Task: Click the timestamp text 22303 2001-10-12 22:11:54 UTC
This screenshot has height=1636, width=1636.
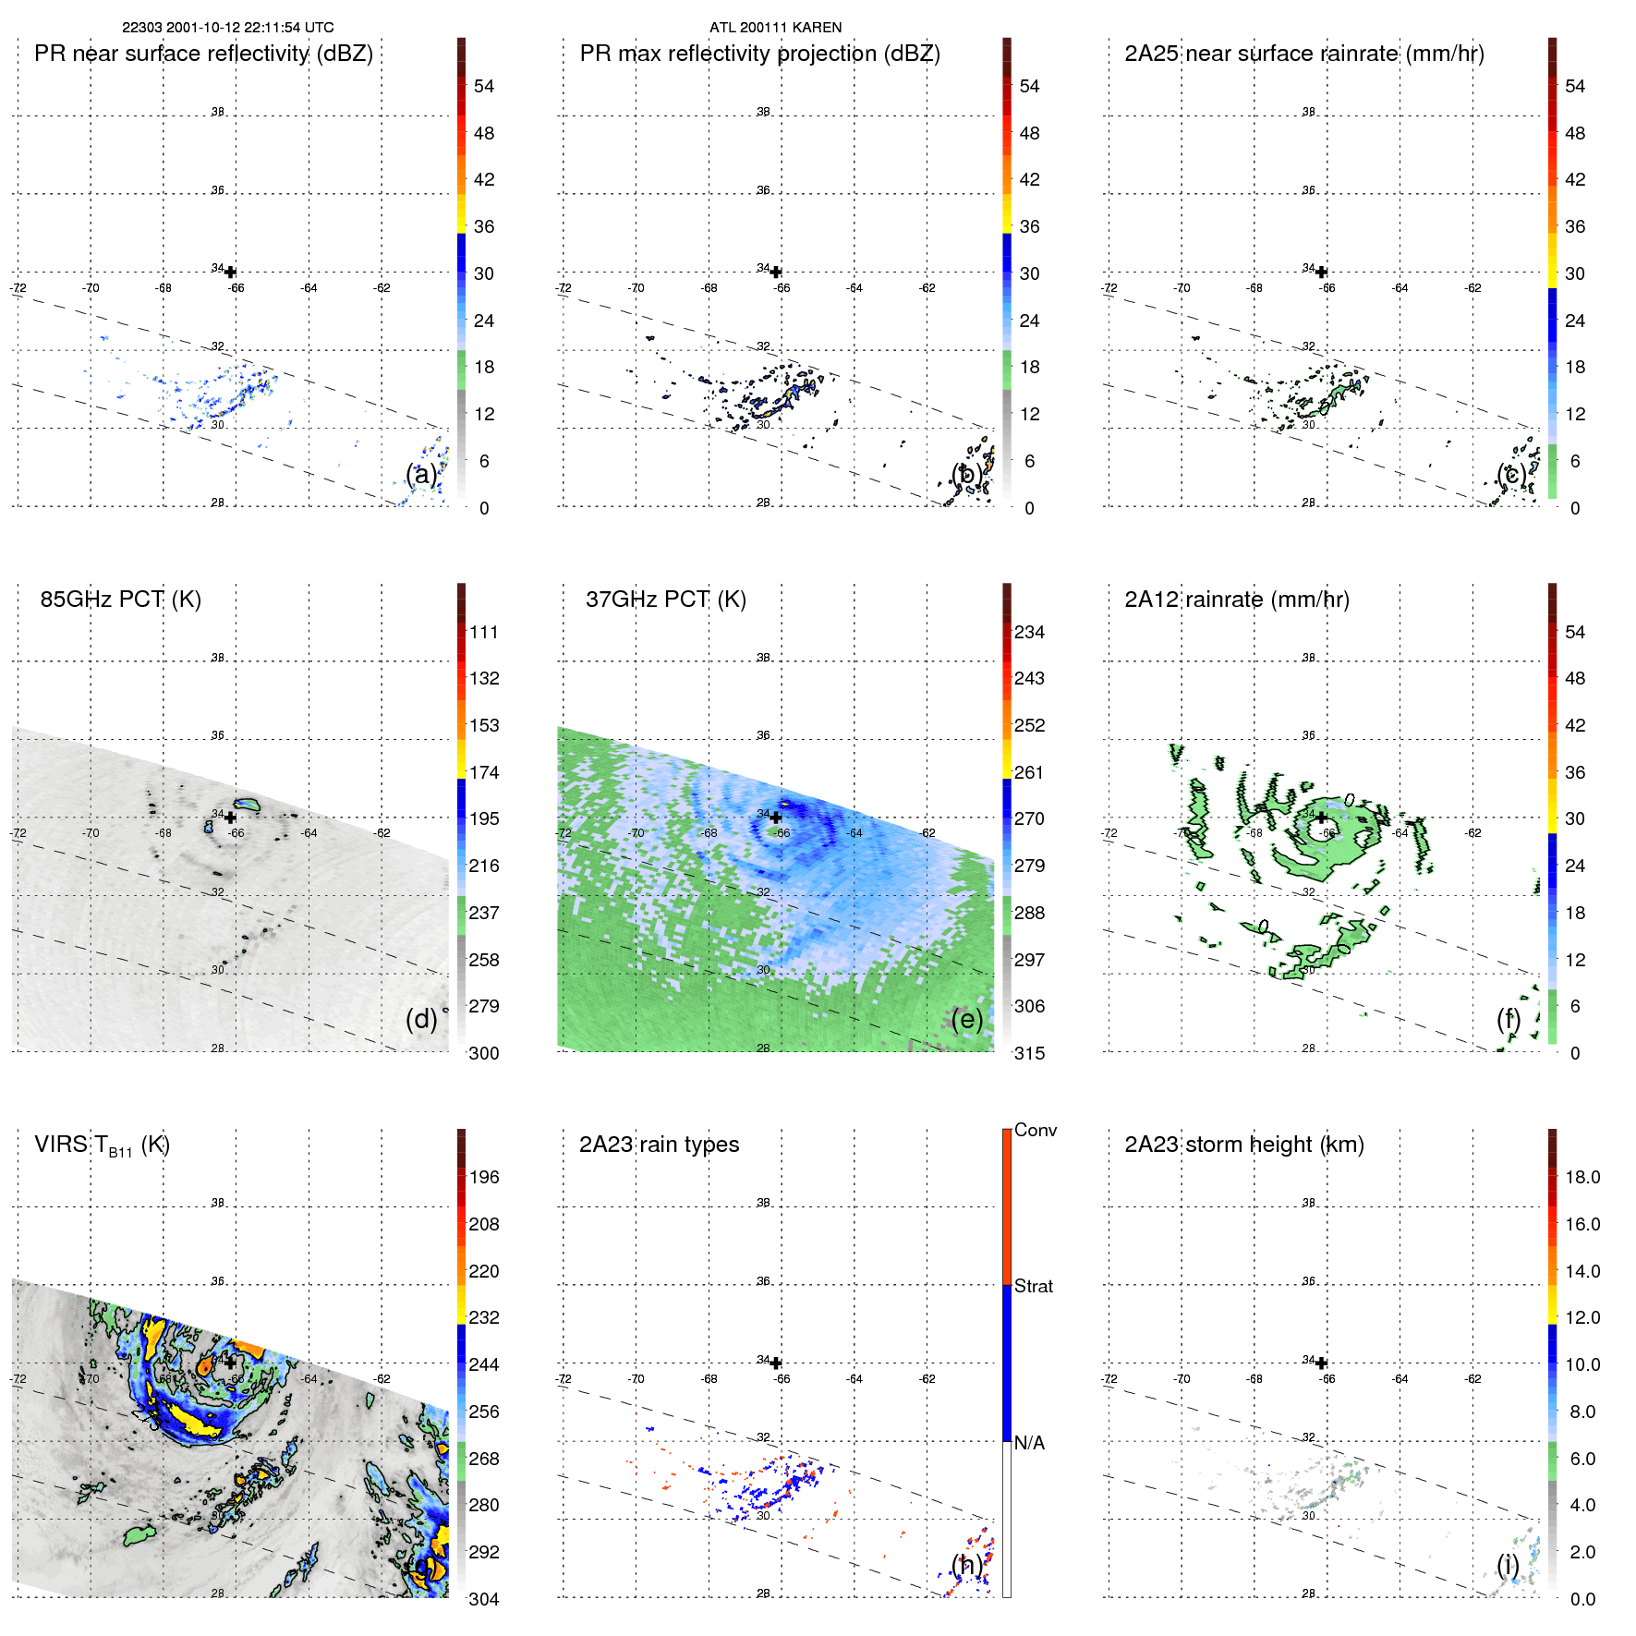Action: click(228, 28)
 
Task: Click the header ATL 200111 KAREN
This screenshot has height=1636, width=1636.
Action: click(775, 28)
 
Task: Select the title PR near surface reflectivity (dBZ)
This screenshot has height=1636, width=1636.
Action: click(203, 54)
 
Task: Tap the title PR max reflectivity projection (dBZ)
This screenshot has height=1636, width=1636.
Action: click(759, 54)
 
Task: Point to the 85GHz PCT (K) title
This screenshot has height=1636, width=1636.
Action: click(120, 600)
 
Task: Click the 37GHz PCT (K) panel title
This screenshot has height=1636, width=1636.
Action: click(665, 600)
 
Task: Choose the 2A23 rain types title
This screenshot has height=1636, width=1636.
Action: click(659, 1145)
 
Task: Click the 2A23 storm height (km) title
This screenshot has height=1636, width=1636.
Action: click(1243, 1145)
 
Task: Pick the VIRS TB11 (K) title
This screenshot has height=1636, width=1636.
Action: click(102, 1145)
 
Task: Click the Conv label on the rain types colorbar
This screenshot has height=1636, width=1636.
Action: click(1035, 1130)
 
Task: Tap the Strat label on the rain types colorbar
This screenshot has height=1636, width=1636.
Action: click(1033, 1286)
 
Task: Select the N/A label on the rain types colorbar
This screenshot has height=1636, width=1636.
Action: click(1029, 1443)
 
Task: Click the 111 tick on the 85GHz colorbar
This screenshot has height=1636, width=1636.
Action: click(483, 632)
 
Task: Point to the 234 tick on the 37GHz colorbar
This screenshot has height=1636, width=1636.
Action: click(1029, 632)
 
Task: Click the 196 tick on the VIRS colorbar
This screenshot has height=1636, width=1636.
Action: click(483, 1177)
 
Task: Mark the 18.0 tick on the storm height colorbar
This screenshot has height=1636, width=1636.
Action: click(1581, 1177)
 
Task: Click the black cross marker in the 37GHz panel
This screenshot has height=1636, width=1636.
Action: click(776, 818)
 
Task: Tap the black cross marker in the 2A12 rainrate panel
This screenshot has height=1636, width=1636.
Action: click(1322, 818)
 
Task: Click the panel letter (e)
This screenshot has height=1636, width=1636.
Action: click(966, 1019)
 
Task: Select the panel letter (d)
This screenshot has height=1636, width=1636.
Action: click(421, 1019)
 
